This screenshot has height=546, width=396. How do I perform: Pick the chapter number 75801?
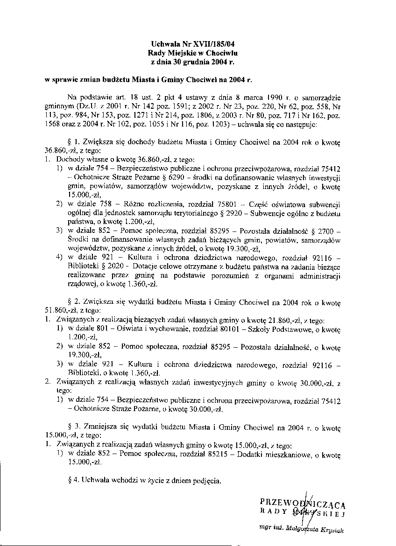[224, 204]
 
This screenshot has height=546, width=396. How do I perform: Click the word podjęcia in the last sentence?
[204, 480]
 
